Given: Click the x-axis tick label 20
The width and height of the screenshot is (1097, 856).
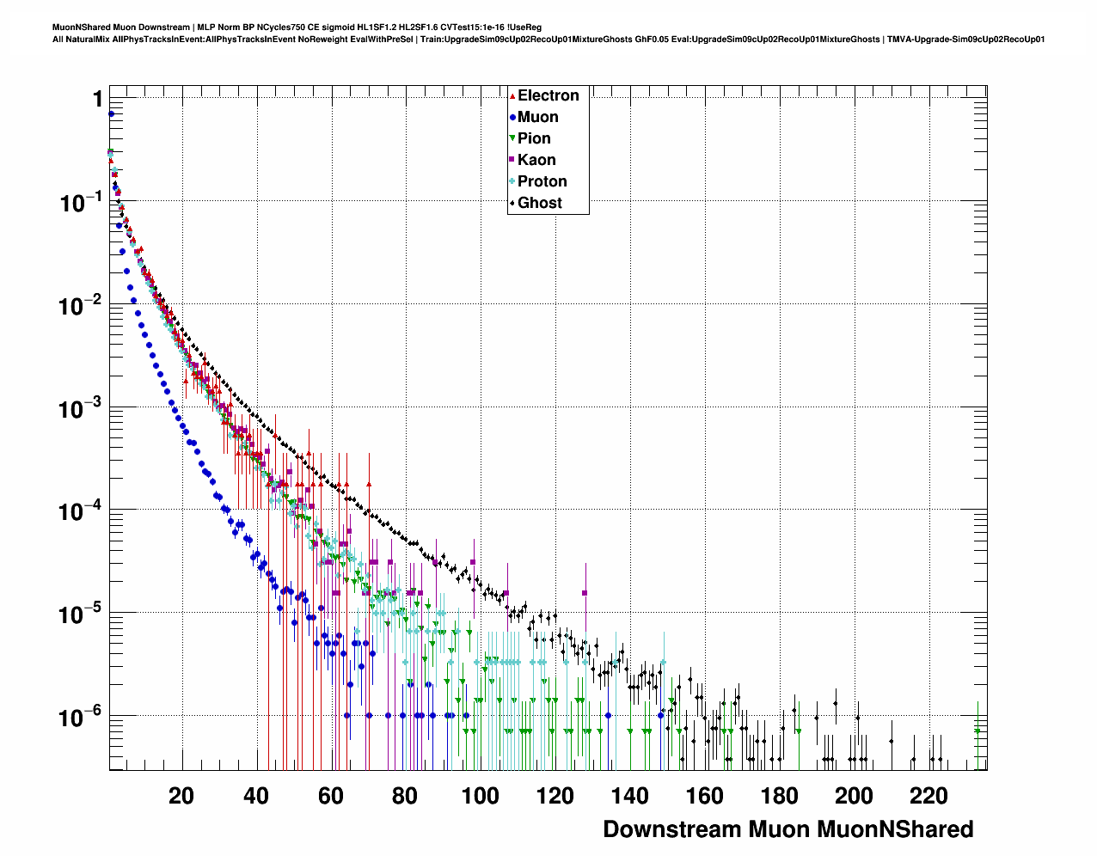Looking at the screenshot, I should coord(181,796).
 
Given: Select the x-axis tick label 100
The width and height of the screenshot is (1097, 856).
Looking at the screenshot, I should coord(480,796).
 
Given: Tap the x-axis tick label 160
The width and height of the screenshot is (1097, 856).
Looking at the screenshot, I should coord(705,796).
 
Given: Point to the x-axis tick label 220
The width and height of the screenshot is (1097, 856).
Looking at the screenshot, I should coord(929,796).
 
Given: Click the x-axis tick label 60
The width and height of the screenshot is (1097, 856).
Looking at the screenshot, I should coord(331,796).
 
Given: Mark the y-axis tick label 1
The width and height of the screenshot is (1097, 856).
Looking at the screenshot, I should coord(98,100).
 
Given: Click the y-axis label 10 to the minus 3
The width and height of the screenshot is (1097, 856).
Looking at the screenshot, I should coord(81,408).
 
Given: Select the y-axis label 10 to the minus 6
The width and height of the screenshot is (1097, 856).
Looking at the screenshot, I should coord(81,717).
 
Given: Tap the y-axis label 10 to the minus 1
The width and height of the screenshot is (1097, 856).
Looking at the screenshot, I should coord(81,203).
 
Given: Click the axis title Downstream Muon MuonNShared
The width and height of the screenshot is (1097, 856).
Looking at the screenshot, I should coord(788,829).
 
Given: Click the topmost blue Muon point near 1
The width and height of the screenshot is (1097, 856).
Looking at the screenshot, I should coord(111,113).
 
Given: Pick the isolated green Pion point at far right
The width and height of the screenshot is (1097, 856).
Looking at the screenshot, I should coord(977,731).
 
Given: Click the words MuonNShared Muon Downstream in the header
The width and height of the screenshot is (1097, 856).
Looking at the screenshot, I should coord(121,28).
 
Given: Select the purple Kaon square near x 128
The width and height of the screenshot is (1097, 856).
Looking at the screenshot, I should coord(585,593).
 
